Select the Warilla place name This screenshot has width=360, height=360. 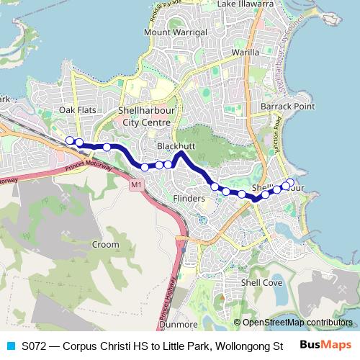(245, 53)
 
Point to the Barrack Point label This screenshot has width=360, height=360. (288, 107)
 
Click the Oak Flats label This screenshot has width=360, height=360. (78, 109)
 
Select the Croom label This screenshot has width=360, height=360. (105, 245)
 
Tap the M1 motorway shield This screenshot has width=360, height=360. (136, 186)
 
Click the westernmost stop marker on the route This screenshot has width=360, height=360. (70, 140)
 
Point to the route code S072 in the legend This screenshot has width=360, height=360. (35, 345)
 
